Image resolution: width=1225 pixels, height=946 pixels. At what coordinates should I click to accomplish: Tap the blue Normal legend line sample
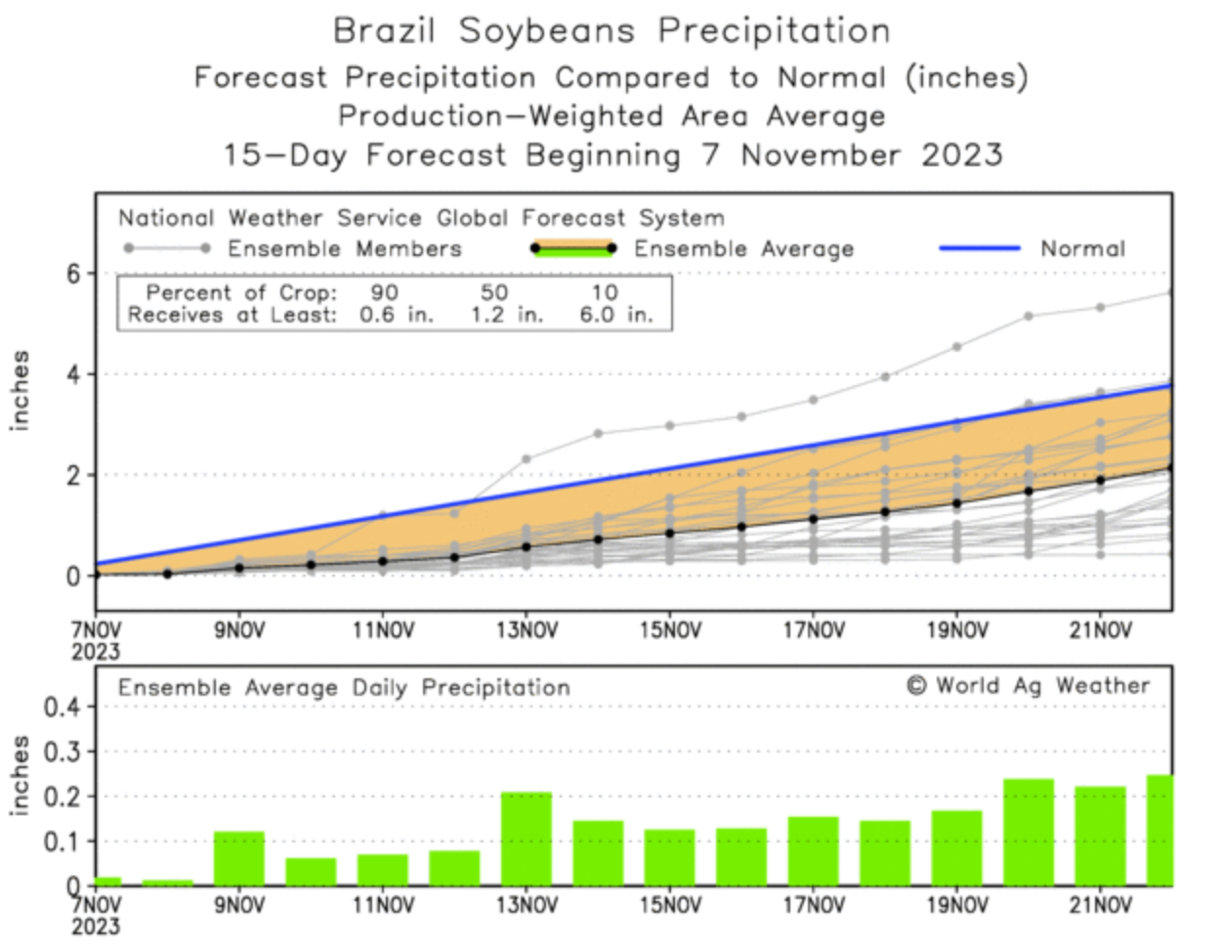(x=979, y=248)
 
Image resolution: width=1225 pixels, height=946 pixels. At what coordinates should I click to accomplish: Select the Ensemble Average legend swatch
(x=572, y=248)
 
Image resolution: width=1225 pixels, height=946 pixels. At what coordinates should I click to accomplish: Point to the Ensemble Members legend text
(x=344, y=248)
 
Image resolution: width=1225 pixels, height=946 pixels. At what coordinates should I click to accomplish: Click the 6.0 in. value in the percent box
(x=614, y=315)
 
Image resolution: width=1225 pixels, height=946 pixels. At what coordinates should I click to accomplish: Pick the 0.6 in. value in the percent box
(x=396, y=315)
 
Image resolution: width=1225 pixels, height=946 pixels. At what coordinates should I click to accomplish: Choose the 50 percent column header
(x=494, y=292)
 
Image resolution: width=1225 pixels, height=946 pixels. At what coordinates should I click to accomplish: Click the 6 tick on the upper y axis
(x=74, y=274)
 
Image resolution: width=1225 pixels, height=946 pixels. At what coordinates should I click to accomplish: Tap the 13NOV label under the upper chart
(x=526, y=631)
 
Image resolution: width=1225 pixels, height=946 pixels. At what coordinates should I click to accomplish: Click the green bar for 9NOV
(x=238, y=859)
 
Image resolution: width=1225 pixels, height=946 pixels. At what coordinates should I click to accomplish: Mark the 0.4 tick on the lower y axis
(x=64, y=707)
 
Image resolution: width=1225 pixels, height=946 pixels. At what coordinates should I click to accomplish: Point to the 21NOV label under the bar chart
(x=1100, y=906)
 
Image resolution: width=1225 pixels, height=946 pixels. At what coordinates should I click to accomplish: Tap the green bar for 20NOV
(x=1029, y=832)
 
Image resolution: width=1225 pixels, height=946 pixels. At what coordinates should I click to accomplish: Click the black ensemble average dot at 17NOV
(x=813, y=519)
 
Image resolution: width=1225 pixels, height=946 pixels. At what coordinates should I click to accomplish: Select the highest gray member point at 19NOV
(x=957, y=347)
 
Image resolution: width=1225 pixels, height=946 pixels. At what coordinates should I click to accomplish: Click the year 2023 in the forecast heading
(x=962, y=154)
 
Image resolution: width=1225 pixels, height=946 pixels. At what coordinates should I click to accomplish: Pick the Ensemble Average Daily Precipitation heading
(x=344, y=688)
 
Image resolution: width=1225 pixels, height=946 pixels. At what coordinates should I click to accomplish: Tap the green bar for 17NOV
(x=813, y=851)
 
